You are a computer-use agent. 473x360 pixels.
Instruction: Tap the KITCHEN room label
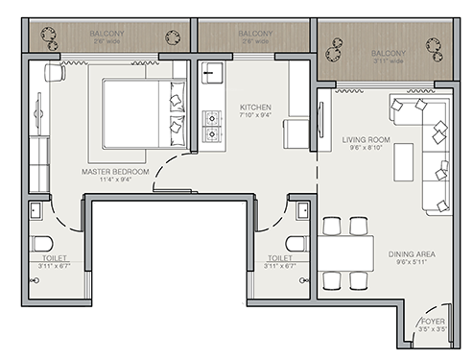(255, 107)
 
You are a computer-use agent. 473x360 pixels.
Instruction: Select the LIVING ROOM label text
(364, 139)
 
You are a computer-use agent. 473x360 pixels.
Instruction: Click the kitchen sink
(212, 75)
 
